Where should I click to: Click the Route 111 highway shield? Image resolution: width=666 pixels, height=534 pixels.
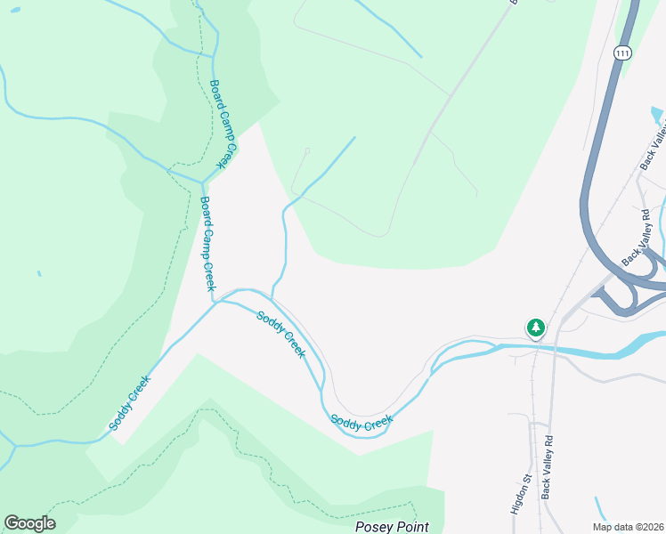coord(622,53)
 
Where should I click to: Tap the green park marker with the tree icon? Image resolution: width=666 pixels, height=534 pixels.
coord(536,328)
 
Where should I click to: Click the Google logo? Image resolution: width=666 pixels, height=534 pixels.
coord(29,523)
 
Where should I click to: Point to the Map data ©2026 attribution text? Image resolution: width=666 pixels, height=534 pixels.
coord(629,527)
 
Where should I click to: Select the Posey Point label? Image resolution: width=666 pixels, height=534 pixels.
coord(392,527)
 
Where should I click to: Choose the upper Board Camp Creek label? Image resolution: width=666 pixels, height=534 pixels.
coord(221,124)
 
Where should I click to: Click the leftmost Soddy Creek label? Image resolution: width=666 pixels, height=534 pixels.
coord(130,402)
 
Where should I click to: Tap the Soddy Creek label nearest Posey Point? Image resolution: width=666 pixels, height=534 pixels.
coord(361,421)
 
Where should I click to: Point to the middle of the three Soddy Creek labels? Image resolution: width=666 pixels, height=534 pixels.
coord(281,334)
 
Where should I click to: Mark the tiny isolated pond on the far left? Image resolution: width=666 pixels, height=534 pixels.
coord(38,273)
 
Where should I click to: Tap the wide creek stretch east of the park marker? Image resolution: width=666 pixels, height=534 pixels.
coord(605,349)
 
